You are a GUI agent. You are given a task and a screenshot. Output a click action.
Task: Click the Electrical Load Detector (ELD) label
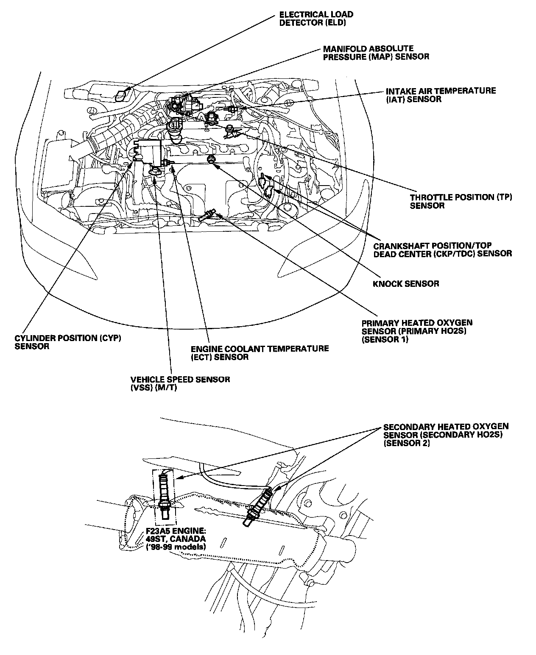316,18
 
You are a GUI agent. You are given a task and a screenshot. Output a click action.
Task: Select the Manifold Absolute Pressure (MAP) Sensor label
376,53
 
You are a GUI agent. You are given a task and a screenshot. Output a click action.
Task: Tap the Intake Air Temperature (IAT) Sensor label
441,95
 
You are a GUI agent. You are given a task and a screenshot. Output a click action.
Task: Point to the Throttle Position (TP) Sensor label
461,201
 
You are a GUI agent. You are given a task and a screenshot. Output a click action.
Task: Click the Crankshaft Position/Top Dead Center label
443,250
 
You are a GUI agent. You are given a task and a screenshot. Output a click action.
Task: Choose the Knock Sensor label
406,283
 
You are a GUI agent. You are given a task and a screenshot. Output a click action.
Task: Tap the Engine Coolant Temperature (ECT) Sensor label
260,352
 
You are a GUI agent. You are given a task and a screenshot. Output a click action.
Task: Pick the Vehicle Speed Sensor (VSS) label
180,383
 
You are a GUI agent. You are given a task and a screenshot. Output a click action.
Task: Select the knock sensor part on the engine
211,159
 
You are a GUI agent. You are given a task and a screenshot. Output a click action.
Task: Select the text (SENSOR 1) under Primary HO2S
385,339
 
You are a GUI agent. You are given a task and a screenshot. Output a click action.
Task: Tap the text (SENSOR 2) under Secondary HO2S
407,444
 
